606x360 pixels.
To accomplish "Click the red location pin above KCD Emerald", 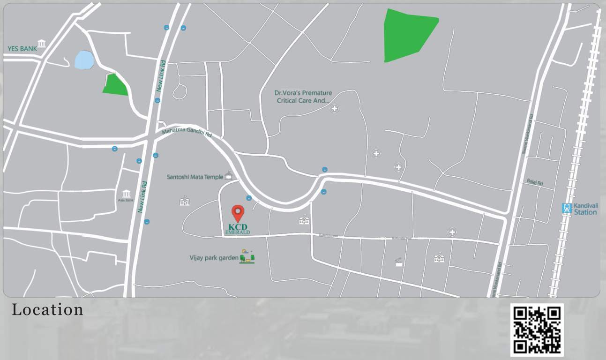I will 238,213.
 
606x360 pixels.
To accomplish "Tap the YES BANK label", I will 22,49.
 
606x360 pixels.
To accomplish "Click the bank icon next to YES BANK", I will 42,44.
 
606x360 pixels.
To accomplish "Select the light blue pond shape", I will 84,60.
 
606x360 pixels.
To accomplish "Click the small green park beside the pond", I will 115,85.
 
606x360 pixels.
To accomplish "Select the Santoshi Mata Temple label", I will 195,177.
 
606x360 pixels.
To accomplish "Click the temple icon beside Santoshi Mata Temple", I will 228,175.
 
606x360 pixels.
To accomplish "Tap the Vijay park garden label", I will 214,258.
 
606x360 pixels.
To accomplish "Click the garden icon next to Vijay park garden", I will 247,256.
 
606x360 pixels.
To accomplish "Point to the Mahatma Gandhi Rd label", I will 187,133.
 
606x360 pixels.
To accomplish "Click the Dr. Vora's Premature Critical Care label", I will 303,97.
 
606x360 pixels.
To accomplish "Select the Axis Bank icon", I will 126,194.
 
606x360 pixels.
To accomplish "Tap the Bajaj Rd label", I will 534,182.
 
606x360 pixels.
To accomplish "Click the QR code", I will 537,330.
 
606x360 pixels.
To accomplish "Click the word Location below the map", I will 47,310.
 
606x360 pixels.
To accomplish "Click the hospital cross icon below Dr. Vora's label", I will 334,109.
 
